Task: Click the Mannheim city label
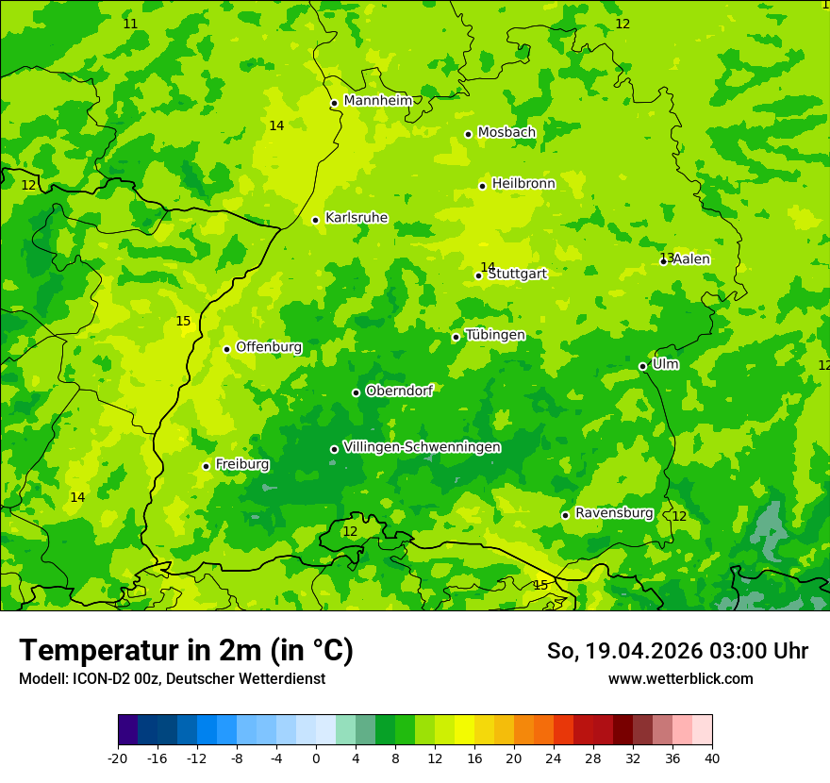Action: (378, 101)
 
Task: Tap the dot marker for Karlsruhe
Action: (315, 220)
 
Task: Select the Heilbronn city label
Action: (523, 184)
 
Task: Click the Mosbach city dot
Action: (468, 134)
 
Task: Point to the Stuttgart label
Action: (517, 274)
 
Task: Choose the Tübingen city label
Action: (495, 335)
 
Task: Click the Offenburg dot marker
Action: (226, 349)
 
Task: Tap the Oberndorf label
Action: (399, 391)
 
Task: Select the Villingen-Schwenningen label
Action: (422, 447)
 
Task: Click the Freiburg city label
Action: (242, 464)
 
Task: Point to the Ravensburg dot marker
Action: (565, 515)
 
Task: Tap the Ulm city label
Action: (665, 364)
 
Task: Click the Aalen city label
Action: (691, 259)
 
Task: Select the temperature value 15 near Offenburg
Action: (183, 322)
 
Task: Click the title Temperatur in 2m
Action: (186, 650)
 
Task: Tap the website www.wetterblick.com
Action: (680, 679)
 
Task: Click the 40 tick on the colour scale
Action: (712, 758)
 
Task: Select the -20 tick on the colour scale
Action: (118, 758)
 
